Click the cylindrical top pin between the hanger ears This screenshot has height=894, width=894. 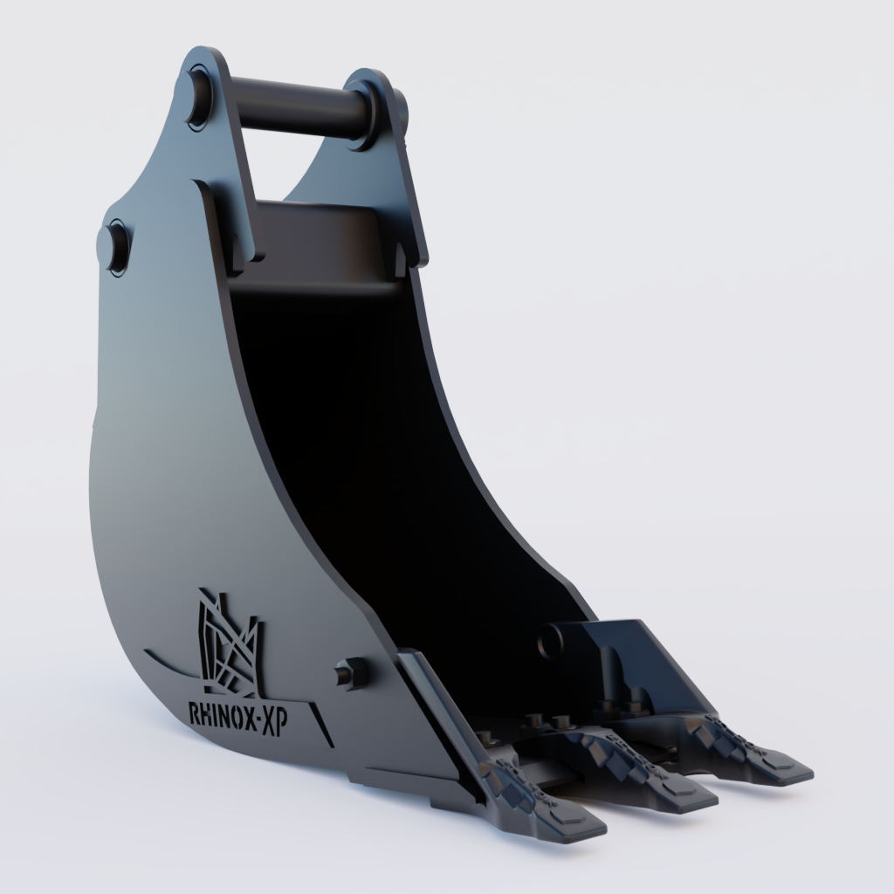[297, 107]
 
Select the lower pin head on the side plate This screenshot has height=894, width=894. [118, 246]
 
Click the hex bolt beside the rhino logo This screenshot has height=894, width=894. [352, 673]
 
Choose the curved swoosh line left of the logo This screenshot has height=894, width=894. [170, 662]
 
